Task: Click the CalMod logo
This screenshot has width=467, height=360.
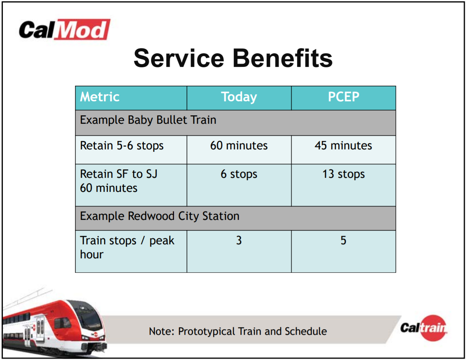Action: [x=64, y=30]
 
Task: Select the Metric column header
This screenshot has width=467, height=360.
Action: [x=100, y=97]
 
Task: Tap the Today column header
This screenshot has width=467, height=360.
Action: [x=239, y=97]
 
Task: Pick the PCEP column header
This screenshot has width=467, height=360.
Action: [x=344, y=97]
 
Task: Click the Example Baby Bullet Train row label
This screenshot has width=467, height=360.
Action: [x=148, y=120]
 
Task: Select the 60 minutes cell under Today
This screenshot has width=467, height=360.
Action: [x=239, y=145]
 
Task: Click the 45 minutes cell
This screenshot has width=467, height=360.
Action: [x=344, y=145]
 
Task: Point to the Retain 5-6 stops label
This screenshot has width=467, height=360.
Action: [x=122, y=146]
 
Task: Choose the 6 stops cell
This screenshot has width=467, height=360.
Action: [x=239, y=174]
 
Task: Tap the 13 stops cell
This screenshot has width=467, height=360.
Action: [x=344, y=174]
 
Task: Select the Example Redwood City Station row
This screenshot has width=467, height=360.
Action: [x=160, y=216]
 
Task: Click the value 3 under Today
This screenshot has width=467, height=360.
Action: [x=239, y=240]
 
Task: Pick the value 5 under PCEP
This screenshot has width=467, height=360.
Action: [x=344, y=240]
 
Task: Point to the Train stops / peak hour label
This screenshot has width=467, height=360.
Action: [x=127, y=247]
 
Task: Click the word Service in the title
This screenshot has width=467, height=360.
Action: [x=179, y=58]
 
